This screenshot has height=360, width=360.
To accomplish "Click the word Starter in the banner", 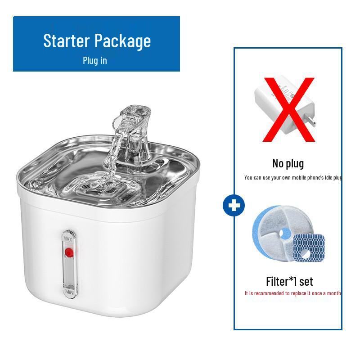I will [66, 41].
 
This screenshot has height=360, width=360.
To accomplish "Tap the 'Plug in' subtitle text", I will [94, 60].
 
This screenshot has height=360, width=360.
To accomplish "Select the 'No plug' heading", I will [288, 163].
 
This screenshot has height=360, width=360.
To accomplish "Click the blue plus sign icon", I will [234, 207].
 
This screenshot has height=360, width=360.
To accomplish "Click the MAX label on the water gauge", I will [68, 238].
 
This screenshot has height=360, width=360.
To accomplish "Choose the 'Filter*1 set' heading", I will [289, 282].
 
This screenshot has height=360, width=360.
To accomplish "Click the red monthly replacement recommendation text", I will [292, 293].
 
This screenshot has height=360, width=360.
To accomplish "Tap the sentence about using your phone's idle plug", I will [293, 178].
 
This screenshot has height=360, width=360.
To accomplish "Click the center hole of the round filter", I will [284, 235].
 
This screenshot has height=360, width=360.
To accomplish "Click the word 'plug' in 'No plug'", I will [295, 163].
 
